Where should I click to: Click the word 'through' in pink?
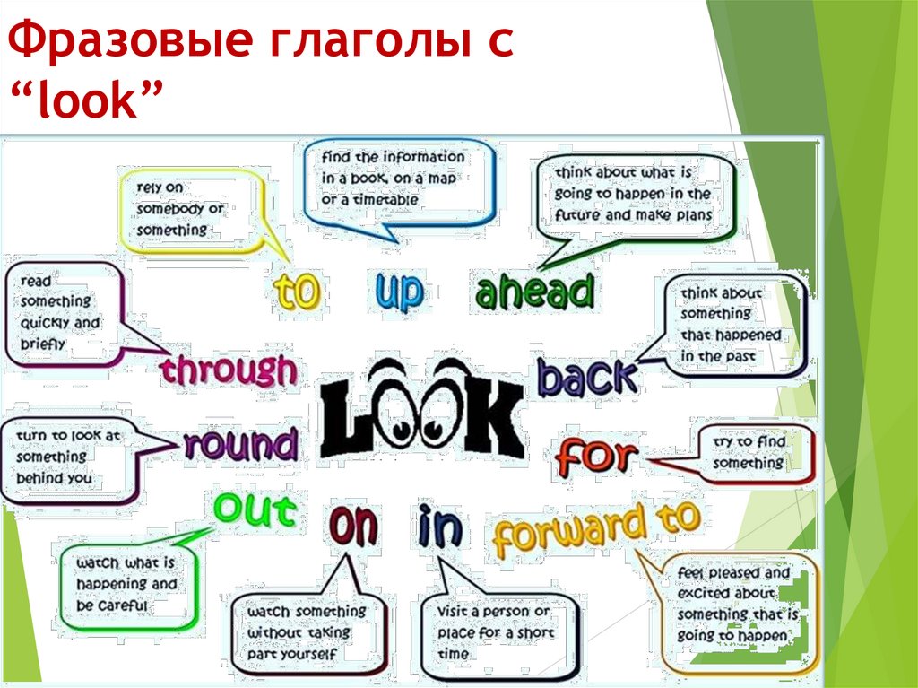(x=229, y=371)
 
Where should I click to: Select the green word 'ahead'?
(x=534, y=292)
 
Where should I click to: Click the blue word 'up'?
(x=400, y=291)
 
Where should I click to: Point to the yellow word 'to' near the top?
(x=297, y=292)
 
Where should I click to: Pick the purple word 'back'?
(x=587, y=378)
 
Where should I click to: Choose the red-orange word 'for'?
(x=596, y=457)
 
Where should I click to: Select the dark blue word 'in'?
(x=440, y=528)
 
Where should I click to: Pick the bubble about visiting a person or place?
(x=498, y=631)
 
